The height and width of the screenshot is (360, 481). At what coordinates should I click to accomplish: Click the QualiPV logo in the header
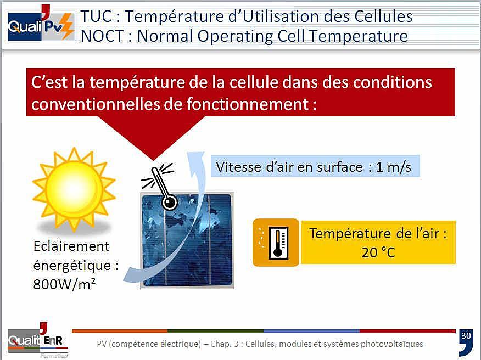tap(41, 24)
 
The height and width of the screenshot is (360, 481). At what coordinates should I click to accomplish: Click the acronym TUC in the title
tap(96, 16)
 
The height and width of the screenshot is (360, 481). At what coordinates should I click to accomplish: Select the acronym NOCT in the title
tap(102, 36)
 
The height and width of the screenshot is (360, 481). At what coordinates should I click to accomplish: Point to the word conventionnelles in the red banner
tap(95, 104)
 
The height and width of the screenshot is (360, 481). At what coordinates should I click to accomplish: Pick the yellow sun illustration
tap(74, 189)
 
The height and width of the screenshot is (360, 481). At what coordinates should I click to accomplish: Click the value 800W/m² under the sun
tap(64, 284)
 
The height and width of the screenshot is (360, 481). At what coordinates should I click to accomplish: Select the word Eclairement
tap(71, 246)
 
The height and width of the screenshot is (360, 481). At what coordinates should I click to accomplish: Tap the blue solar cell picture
tap(187, 241)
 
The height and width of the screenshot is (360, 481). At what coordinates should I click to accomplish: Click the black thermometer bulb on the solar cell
tap(169, 203)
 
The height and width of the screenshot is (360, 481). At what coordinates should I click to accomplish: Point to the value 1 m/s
tap(393, 167)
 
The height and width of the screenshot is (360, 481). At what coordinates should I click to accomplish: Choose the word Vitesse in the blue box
tap(238, 167)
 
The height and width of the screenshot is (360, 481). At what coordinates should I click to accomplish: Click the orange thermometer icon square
tap(276, 242)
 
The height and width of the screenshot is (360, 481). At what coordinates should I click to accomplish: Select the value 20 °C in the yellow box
tap(378, 253)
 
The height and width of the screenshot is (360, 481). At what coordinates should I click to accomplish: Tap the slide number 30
tap(466, 336)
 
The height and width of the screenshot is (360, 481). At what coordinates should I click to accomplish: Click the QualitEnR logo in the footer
tap(38, 340)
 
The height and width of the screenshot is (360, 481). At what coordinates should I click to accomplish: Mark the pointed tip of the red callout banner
tap(153, 160)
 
